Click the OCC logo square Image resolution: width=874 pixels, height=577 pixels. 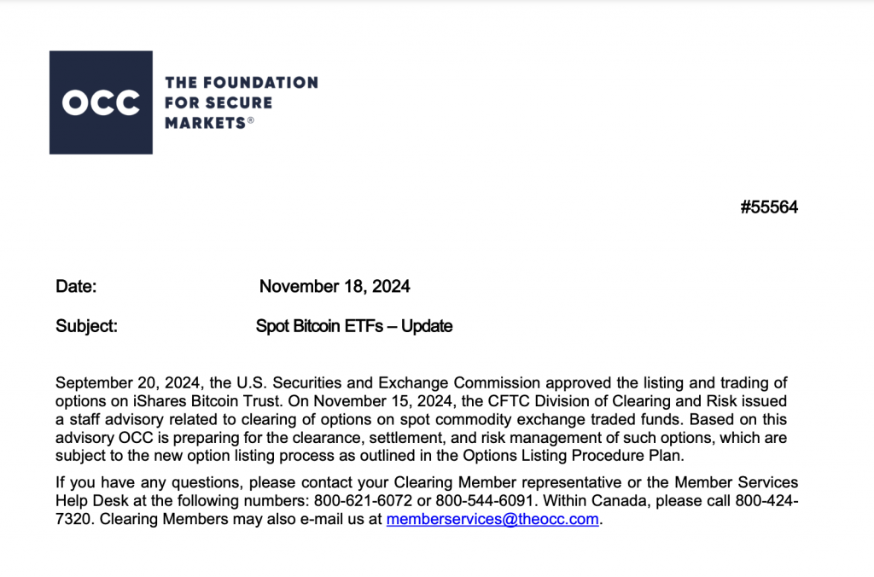(x=101, y=102)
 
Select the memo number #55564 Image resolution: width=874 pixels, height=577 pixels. (x=769, y=207)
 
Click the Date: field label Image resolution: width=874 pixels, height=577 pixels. (x=77, y=287)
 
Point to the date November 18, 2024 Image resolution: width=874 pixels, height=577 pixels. (x=335, y=287)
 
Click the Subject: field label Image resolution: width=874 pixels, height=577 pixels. (x=86, y=326)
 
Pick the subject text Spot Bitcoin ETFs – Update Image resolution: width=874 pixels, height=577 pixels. (x=354, y=326)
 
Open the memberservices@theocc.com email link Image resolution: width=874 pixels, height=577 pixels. (x=492, y=520)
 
